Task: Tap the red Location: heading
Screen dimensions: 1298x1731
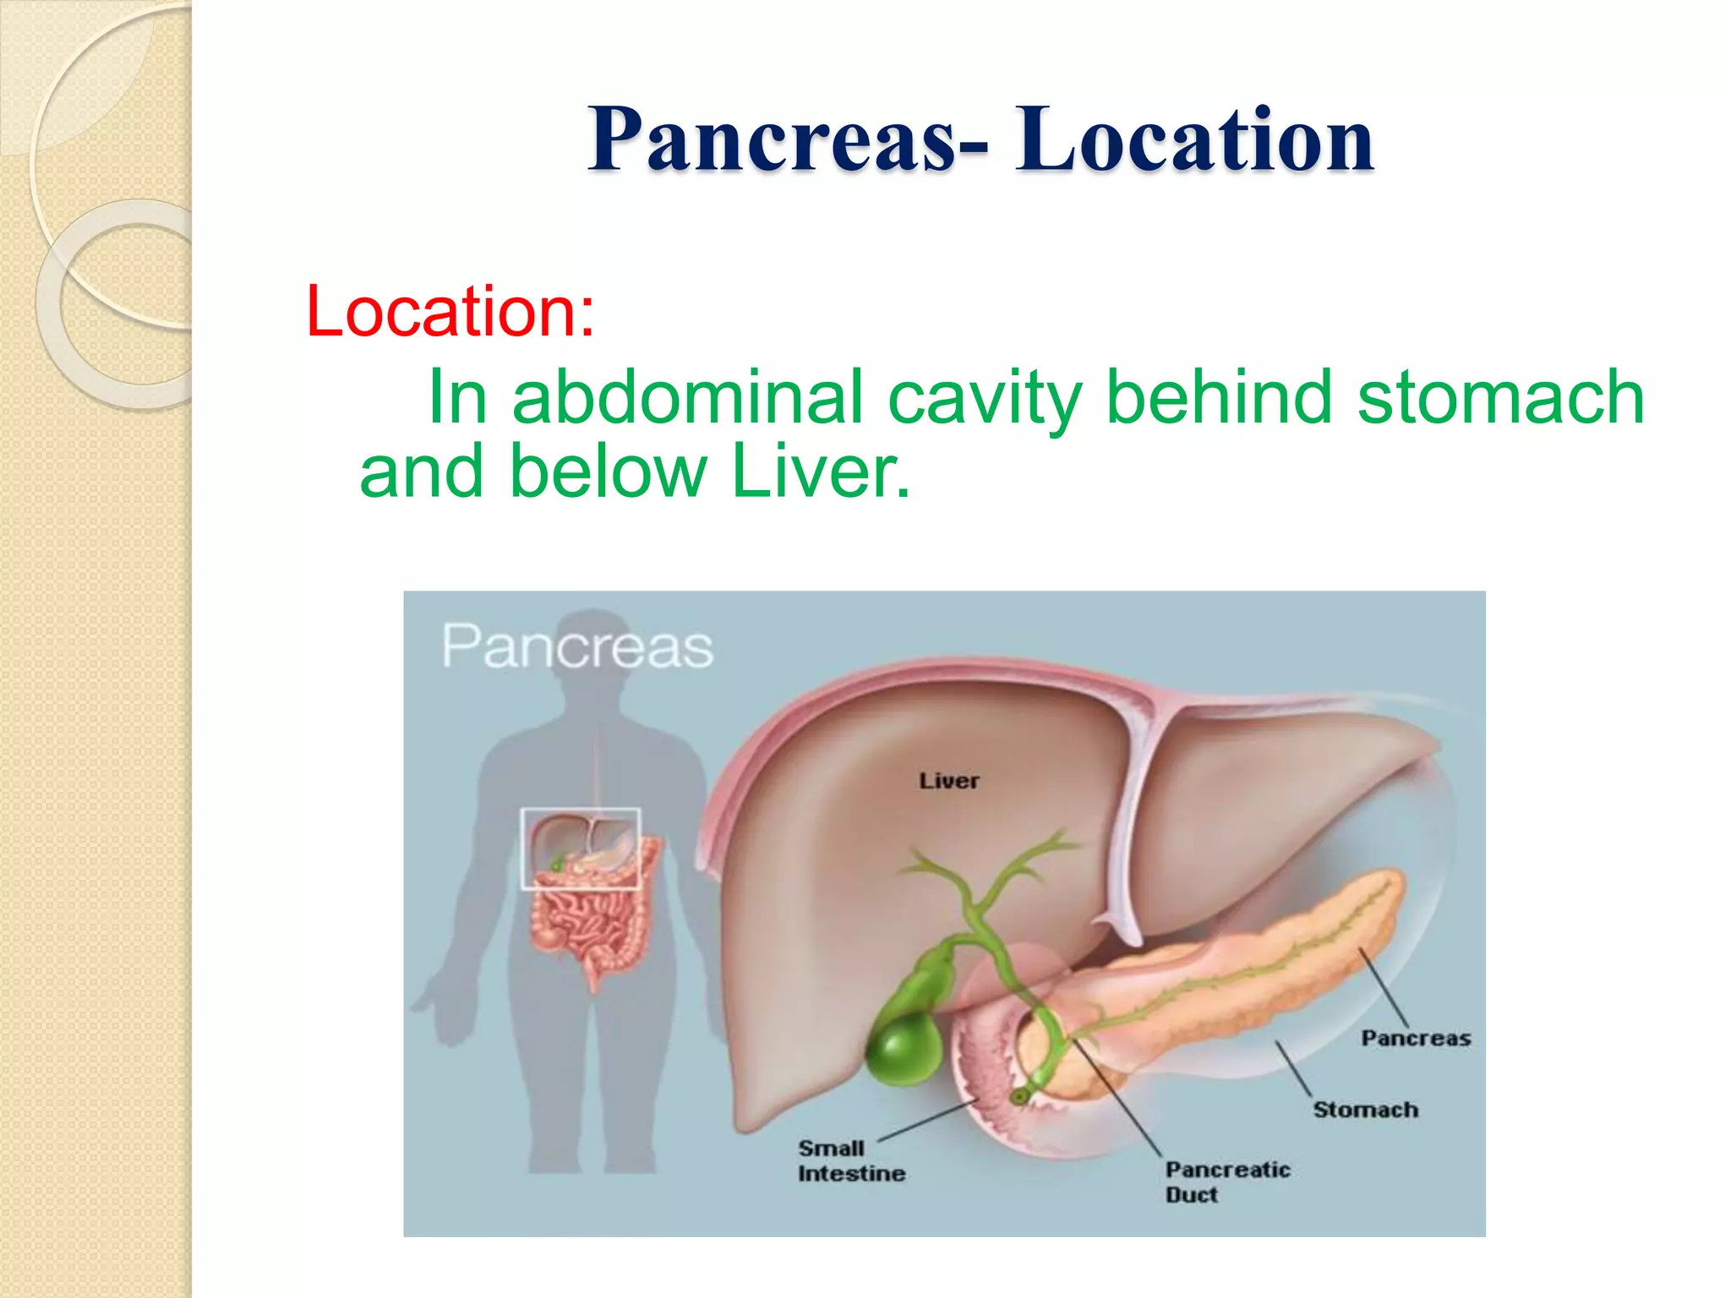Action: tap(450, 311)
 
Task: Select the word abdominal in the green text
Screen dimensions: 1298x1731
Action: tap(687, 396)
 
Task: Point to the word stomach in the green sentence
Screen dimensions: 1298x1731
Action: tap(1500, 396)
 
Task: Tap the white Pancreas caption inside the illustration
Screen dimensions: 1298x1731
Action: tap(577, 647)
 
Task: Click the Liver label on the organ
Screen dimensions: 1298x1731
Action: tap(948, 781)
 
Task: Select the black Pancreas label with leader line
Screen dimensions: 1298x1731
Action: tap(1415, 1038)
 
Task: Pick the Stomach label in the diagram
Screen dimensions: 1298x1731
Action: tap(1365, 1110)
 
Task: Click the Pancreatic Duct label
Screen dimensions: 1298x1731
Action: tap(1226, 1181)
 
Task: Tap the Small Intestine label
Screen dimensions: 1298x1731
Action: tap(850, 1161)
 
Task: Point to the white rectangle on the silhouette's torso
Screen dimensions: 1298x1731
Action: tap(580, 848)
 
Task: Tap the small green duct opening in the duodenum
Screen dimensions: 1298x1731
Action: tap(1020, 1097)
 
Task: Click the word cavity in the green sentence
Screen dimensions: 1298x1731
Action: tap(986, 396)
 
